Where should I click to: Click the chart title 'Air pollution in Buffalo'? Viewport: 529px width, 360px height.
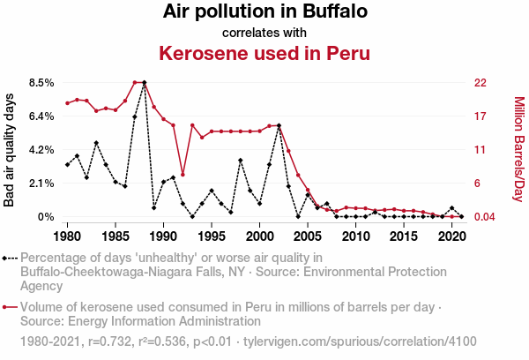(x=264, y=12)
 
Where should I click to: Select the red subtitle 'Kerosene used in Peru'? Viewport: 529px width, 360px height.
(x=264, y=53)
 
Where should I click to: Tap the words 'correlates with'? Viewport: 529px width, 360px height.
(x=264, y=33)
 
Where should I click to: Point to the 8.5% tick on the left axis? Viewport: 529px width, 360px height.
(x=42, y=83)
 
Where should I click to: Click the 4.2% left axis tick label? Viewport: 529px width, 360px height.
(x=42, y=150)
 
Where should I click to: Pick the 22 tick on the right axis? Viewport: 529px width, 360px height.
(x=481, y=83)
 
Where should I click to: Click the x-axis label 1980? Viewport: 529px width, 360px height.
(x=67, y=236)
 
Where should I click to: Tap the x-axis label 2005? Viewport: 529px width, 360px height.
(x=307, y=236)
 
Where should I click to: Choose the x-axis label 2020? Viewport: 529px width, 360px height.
(x=451, y=236)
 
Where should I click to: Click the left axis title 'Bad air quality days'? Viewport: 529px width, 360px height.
(x=11, y=150)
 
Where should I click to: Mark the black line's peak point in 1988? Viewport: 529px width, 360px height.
(x=144, y=83)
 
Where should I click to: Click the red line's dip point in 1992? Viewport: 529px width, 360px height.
(x=183, y=174)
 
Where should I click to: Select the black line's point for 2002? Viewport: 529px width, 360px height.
(x=279, y=125)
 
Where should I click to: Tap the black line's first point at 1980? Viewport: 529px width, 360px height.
(x=67, y=165)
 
